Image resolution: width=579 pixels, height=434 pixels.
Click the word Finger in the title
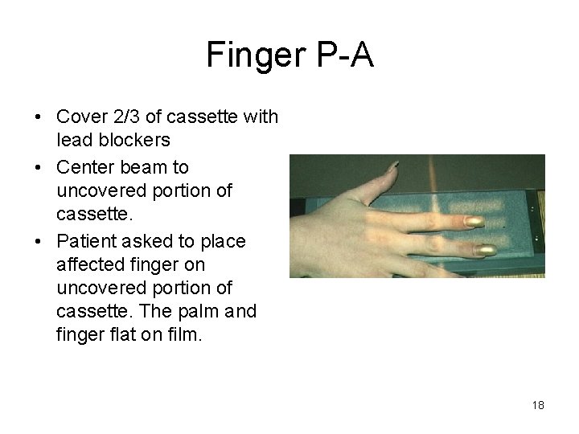252,55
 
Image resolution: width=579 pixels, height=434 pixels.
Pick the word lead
72,140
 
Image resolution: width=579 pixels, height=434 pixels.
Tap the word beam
142,167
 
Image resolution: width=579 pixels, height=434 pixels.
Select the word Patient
86,241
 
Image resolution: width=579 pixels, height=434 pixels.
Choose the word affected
89,264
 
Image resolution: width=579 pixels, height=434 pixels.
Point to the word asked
147,241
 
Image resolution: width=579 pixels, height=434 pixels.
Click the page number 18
538,406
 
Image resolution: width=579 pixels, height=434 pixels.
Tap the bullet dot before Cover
38,118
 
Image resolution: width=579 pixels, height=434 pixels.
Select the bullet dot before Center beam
38,168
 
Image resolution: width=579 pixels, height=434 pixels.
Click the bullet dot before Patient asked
38,242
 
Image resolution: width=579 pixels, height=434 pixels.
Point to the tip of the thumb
393,166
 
